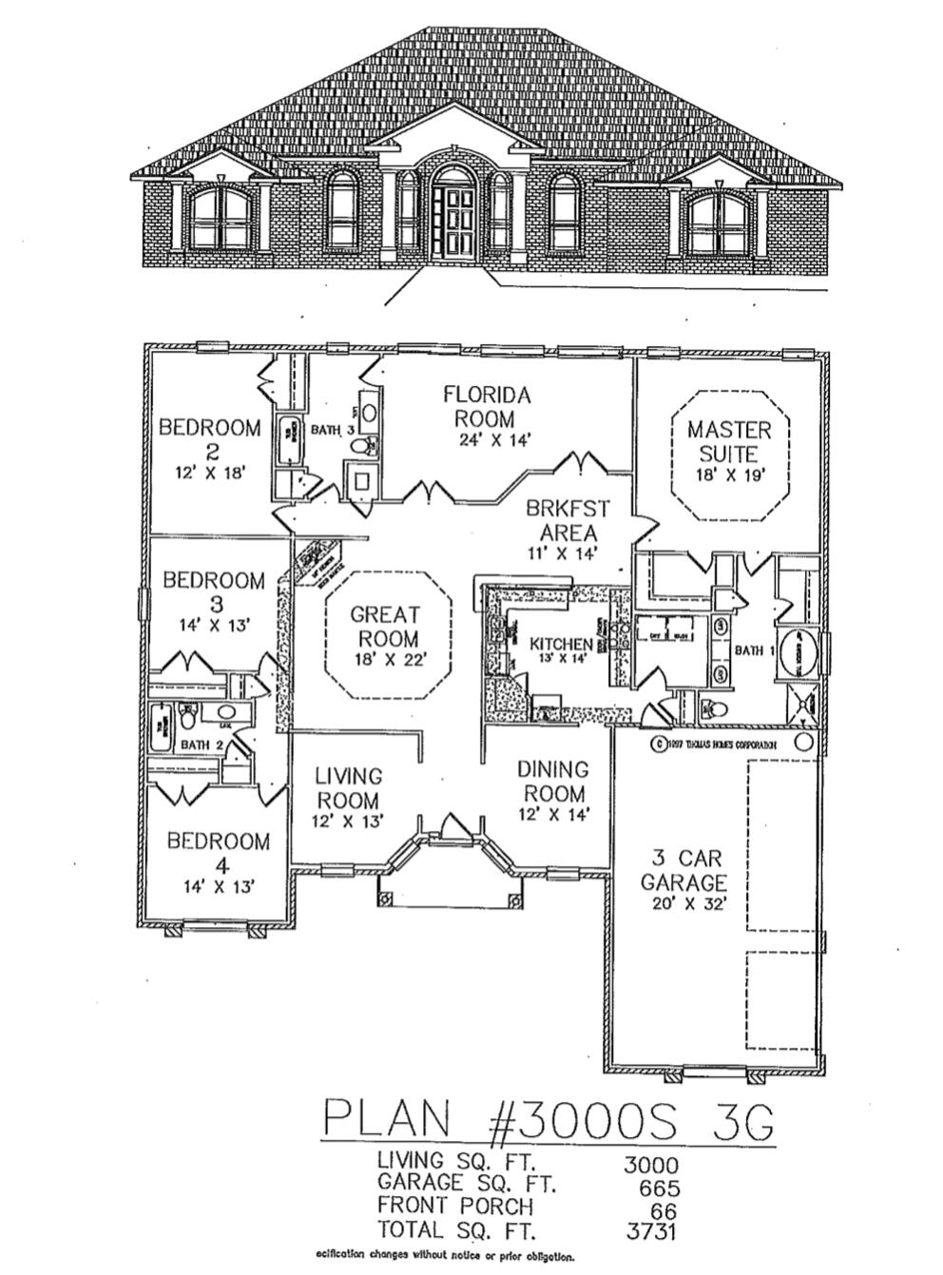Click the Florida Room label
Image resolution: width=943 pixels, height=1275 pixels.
485,406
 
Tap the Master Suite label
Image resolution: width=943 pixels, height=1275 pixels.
728,441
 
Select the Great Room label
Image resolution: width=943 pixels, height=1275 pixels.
385,627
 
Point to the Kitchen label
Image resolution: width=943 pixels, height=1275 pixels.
561,645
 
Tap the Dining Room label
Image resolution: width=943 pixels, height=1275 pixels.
552,781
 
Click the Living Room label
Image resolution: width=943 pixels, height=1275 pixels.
348,788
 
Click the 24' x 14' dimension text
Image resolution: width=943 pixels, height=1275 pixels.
485,439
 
